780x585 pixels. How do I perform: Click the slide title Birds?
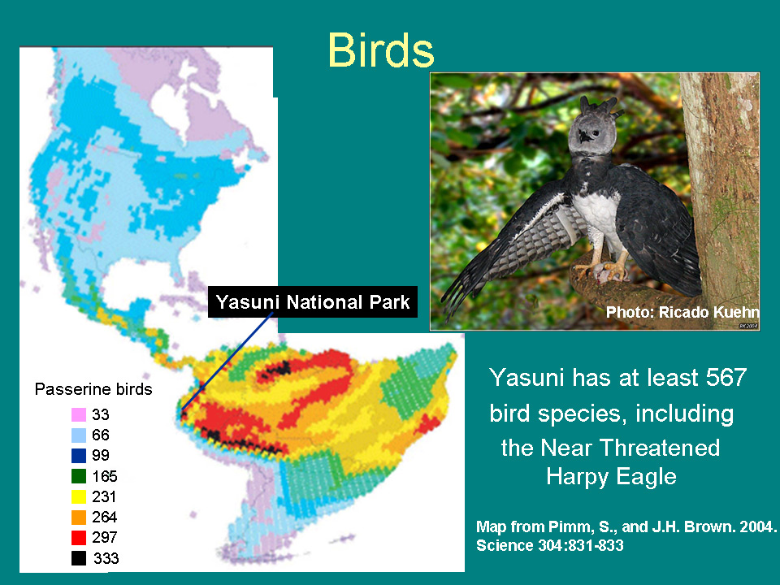pyautogui.click(x=381, y=50)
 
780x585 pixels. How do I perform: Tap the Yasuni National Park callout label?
pyautogui.click(x=312, y=302)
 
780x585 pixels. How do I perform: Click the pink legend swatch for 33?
pyautogui.click(x=79, y=414)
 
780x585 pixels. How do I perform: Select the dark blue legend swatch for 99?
pyautogui.click(x=79, y=455)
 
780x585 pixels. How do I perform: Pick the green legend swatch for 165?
pyautogui.click(x=79, y=476)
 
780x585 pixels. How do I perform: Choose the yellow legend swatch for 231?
pyautogui.click(x=79, y=496)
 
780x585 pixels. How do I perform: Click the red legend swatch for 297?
pyautogui.click(x=79, y=537)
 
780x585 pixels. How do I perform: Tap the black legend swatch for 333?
pyautogui.click(x=79, y=558)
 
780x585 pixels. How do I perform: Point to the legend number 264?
pyautogui.click(x=105, y=517)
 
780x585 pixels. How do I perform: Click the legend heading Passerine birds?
pyautogui.click(x=93, y=389)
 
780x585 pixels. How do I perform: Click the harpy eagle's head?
pyautogui.click(x=591, y=128)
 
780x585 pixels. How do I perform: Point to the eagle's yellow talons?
pyautogui.click(x=604, y=270)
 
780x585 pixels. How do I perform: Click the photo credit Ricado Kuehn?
pyautogui.click(x=708, y=312)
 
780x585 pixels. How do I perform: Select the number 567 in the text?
pyautogui.click(x=726, y=377)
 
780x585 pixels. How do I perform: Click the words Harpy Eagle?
pyautogui.click(x=611, y=477)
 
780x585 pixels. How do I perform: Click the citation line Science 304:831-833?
pyautogui.click(x=550, y=546)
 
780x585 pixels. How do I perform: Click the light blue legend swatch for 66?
pyautogui.click(x=79, y=435)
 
